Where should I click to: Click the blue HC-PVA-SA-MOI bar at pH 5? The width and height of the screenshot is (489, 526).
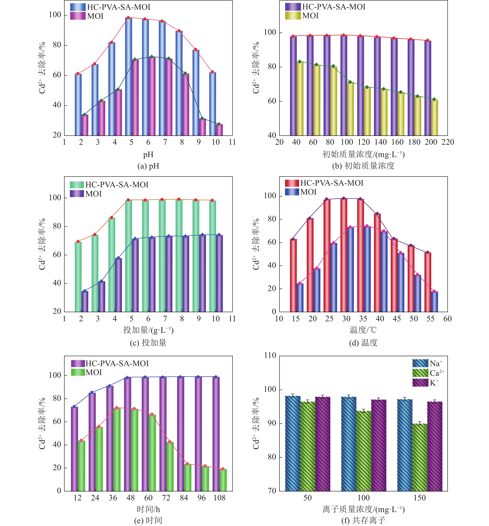click(x=128, y=77)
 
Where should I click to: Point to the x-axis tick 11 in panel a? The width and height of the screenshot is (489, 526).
click(x=232, y=142)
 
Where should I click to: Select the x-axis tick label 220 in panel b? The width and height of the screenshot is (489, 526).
click(x=447, y=142)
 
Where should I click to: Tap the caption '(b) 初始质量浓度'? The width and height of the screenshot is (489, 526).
click(x=363, y=166)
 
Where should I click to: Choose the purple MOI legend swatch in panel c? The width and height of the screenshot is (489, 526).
click(x=77, y=194)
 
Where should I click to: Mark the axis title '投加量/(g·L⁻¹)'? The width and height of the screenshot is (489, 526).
click(x=148, y=330)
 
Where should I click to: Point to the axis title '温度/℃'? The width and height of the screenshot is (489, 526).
click(x=363, y=330)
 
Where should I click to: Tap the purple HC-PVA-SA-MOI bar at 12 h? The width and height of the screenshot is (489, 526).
click(x=74, y=449)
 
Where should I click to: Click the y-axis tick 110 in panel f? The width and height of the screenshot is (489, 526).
click(x=270, y=356)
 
